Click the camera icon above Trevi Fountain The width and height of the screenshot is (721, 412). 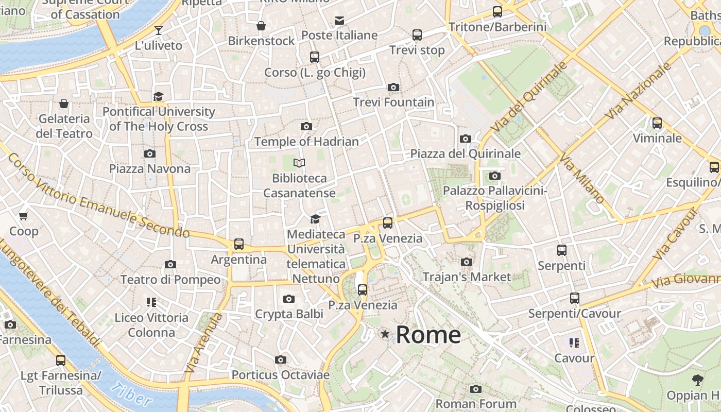coord(393,87)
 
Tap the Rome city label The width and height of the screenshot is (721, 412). coord(428,335)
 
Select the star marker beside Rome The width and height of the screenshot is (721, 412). coord(385,334)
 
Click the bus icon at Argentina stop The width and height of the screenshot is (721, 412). coord(239,244)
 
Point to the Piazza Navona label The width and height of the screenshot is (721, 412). coord(149,169)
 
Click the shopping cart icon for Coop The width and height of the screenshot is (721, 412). coord(24,216)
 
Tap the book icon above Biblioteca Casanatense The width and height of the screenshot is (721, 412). coord(299,163)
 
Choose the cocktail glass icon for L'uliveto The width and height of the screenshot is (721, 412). coord(159,30)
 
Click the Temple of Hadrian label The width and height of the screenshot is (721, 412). coord(306,142)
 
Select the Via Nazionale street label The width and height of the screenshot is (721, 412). coord(639,91)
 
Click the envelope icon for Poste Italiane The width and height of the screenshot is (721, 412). coord(339,21)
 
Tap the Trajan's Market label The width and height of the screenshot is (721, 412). coord(467,277)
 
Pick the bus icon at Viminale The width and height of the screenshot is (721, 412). coord(657,123)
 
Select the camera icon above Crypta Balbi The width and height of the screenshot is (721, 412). coord(289,299)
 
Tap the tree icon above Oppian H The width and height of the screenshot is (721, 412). coord(698,380)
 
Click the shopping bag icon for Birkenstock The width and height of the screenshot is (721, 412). coord(261,26)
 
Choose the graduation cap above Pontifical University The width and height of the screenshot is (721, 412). coord(158,96)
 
